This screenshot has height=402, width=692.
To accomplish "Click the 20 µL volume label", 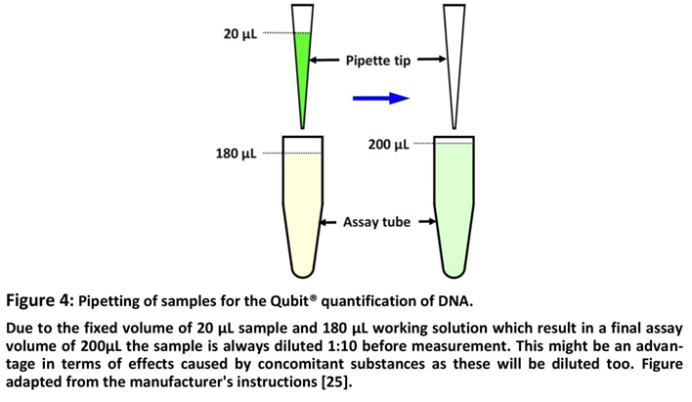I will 239,35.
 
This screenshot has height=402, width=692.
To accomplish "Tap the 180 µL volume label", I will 236,154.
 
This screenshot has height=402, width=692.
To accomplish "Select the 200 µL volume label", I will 388,145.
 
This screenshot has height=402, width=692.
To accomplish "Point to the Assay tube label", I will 376,222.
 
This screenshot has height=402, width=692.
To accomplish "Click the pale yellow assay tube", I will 303,205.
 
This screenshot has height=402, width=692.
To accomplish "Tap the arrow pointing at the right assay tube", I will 427,222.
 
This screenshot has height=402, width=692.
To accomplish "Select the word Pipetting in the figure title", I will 111,299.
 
